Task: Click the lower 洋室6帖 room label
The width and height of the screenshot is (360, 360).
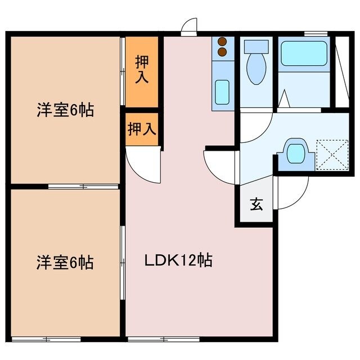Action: coord(65,262)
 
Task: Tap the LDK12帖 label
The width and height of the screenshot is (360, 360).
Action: coord(179,260)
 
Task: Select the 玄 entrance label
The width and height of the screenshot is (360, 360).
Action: coord(256,205)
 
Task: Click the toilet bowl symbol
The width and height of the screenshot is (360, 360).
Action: coord(256,64)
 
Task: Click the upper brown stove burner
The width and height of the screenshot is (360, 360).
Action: coord(222,42)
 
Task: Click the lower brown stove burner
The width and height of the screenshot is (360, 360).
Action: coord(222,52)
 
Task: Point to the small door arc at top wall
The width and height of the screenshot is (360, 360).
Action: coord(191,26)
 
